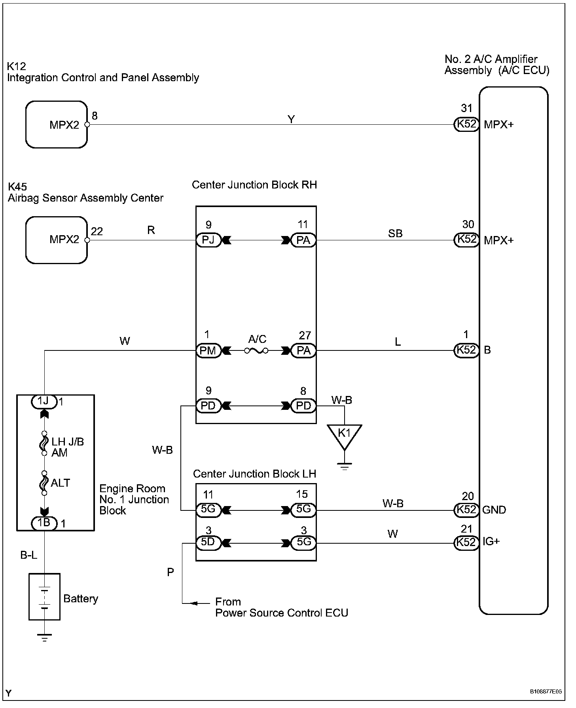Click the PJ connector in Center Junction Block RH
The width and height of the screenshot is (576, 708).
(x=208, y=240)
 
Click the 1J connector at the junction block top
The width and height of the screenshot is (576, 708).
(x=44, y=402)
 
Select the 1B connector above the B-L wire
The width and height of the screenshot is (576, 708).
(x=44, y=523)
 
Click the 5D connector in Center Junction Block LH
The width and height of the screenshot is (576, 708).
(x=208, y=542)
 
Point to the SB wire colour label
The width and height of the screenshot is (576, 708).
(x=395, y=233)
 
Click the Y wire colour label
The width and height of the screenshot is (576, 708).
(x=291, y=119)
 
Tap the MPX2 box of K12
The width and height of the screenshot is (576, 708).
(x=57, y=124)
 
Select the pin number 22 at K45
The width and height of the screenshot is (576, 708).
(x=97, y=231)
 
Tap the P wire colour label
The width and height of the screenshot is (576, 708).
(x=171, y=572)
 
